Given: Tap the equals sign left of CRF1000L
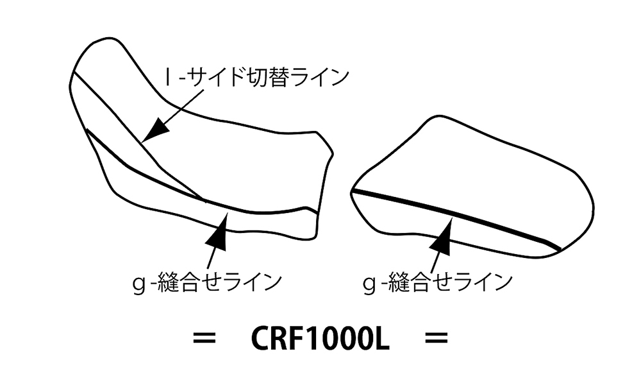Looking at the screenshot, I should pyautogui.click(x=204, y=339).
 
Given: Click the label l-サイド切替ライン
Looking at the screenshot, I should pyautogui.click(x=256, y=78).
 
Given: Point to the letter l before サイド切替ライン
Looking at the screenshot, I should pyautogui.click(x=167, y=78).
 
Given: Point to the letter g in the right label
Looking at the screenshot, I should pyautogui.click(x=370, y=283).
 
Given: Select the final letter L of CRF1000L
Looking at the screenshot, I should pyautogui.click(x=381, y=339).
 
